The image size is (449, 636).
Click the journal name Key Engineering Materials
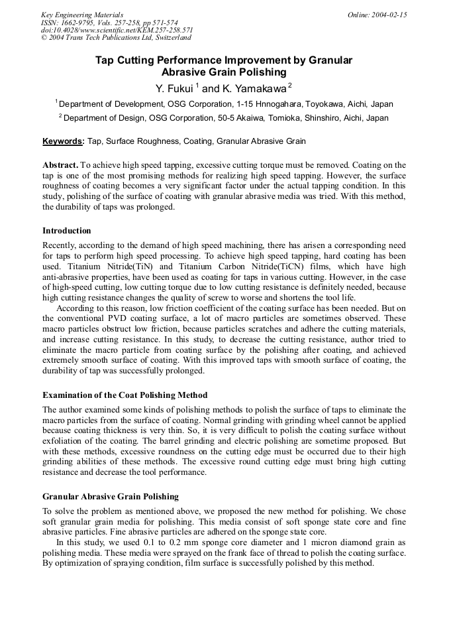tap(81, 15)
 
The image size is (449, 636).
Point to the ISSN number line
tap(109, 23)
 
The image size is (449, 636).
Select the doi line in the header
tap(117, 31)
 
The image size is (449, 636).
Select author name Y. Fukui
tap(174, 88)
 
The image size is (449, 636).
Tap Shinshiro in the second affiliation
tap(315, 118)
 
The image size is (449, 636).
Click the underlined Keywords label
tap(63, 141)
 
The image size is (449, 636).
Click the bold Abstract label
tap(60, 164)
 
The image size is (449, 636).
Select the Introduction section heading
tap(67, 231)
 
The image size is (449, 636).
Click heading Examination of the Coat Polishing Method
tap(125, 395)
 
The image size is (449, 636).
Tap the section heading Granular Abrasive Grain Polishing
tap(110, 496)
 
